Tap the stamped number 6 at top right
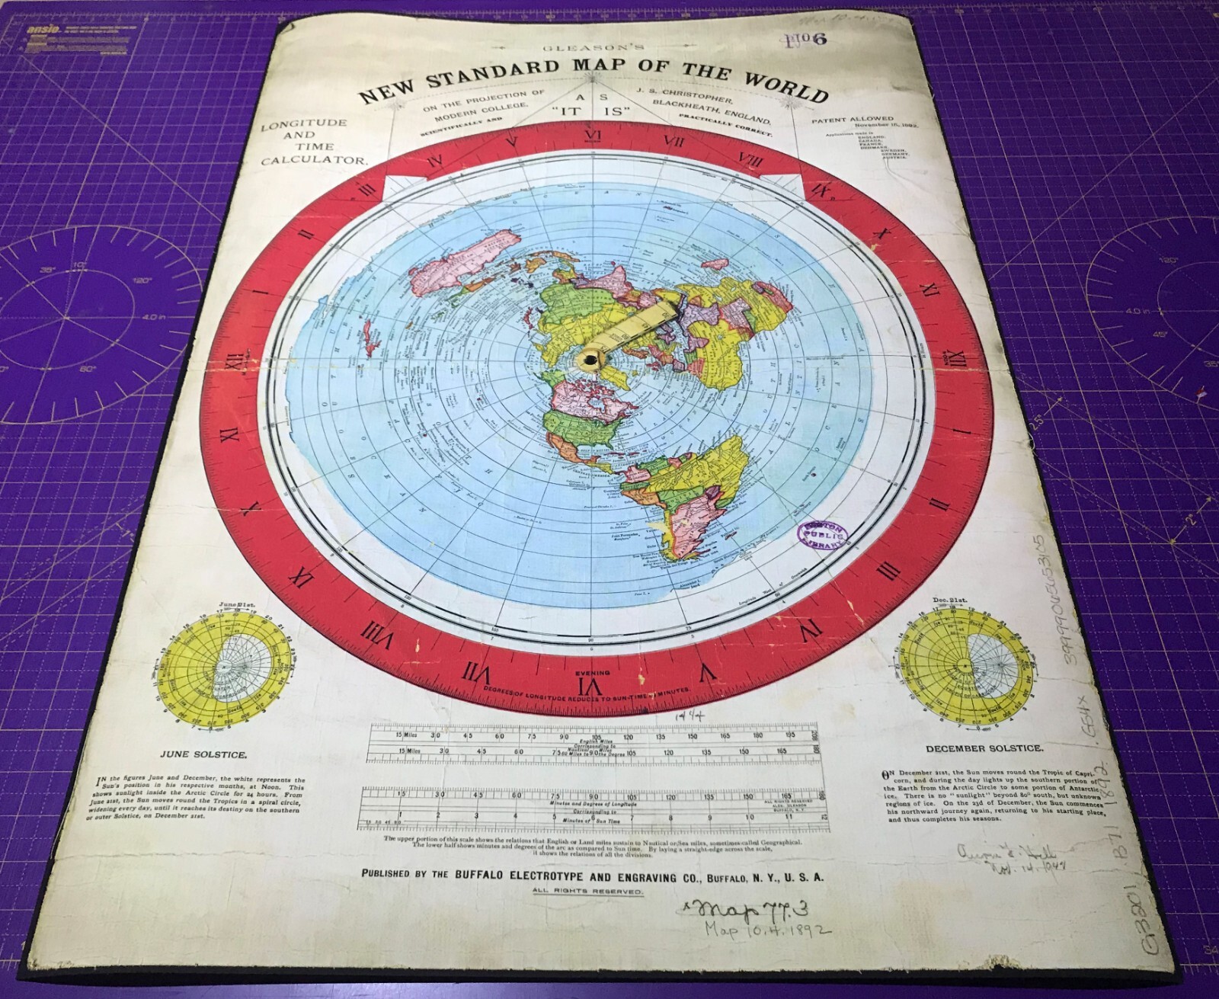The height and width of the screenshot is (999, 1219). tap(819, 43)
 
